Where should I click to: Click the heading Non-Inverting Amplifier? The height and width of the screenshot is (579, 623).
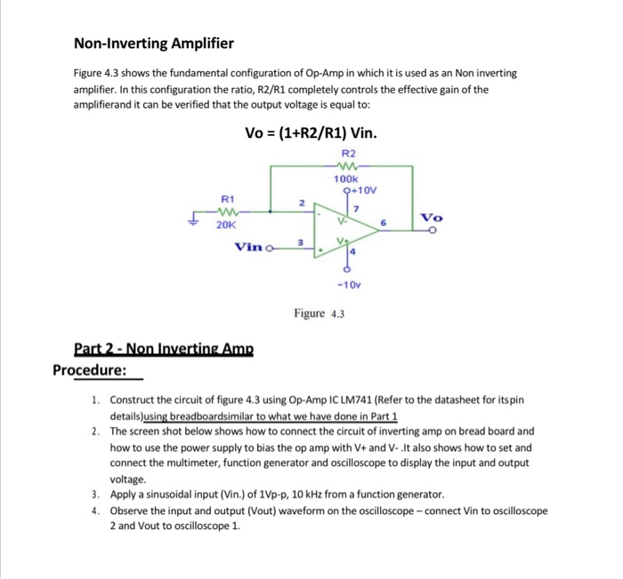click(153, 43)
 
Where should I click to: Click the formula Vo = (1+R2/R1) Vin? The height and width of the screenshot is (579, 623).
click(311, 133)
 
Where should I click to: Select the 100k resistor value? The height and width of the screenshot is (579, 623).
click(347, 179)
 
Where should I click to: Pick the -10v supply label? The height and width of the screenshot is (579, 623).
click(348, 285)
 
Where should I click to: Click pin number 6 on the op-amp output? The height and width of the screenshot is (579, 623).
click(384, 222)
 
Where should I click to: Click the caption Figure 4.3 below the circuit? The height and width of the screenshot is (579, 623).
click(320, 313)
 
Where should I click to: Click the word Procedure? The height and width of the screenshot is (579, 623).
click(89, 369)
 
